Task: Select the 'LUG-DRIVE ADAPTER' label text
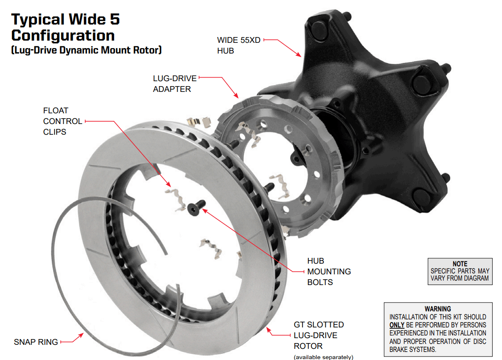tap(174, 83)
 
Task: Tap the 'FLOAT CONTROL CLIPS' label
tap(62, 121)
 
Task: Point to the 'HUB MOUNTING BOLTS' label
tap(328, 271)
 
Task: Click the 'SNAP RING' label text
tap(36, 342)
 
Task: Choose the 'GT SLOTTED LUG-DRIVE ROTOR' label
tap(318, 335)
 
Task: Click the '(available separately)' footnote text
tap(323, 357)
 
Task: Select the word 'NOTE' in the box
tap(460, 264)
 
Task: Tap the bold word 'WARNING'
tap(438, 308)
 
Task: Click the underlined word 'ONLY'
tap(397, 325)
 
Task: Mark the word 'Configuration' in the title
tap(62, 35)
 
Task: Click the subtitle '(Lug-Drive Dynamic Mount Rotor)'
tap(86, 50)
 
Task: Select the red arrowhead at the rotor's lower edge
tap(268, 330)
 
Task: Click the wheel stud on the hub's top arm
tap(348, 17)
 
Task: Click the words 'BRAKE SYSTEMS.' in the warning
tap(413, 349)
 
